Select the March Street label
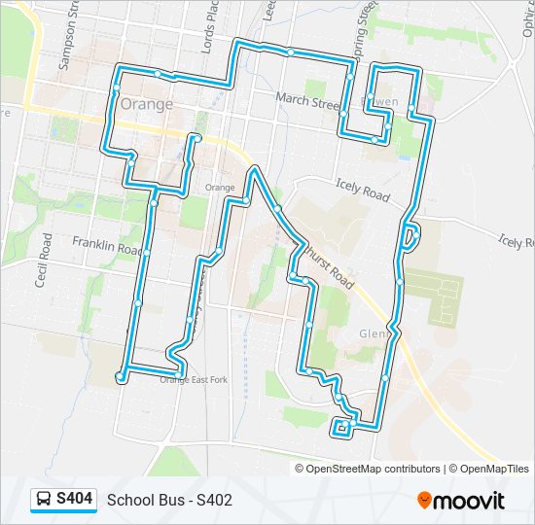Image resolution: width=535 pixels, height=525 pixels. pyautogui.click(x=306, y=98)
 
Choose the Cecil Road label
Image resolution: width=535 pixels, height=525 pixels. pyautogui.click(x=42, y=261)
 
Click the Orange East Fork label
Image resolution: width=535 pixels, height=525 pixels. pyautogui.click(x=193, y=379)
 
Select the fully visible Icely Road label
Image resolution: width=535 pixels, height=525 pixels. pyautogui.click(x=362, y=190)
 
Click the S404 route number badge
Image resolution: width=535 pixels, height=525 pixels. pyautogui.click(x=75, y=499)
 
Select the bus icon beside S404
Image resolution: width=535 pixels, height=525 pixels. pyautogui.click(x=45, y=499)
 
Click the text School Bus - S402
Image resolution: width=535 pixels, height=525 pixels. pyautogui.click(x=169, y=500)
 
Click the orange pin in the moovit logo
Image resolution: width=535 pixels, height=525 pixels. pyautogui.click(x=425, y=500)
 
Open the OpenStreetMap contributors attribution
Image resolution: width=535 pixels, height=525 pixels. pyautogui.click(x=367, y=469)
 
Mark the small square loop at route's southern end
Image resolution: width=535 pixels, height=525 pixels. pyautogui.click(x=341, y=427)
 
